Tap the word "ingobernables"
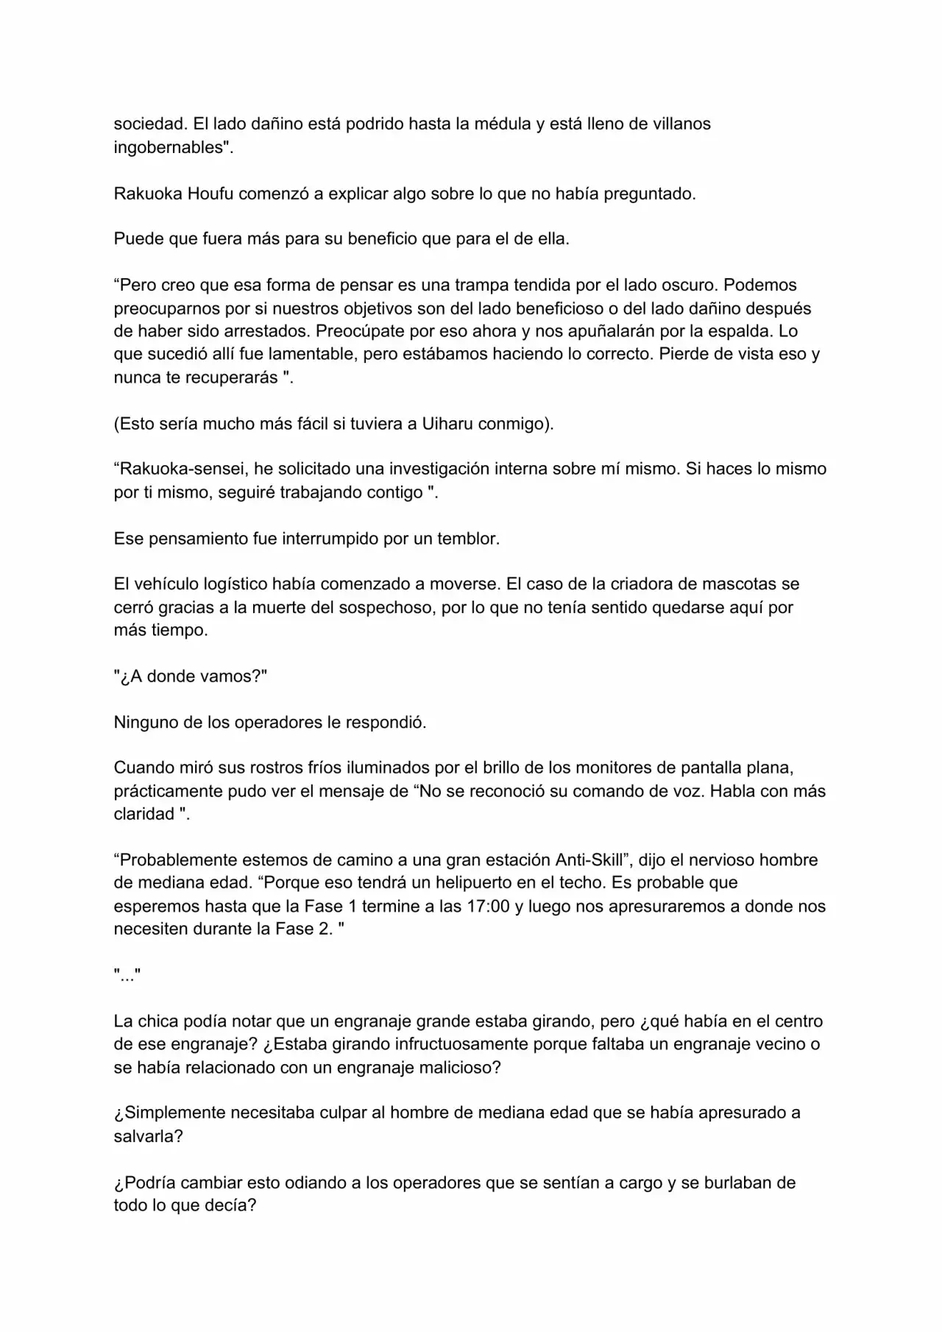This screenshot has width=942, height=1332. click(x=168, y=147)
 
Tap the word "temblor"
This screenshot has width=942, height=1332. click(x=468, y=538)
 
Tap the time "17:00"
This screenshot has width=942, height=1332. click(x=489, y=906)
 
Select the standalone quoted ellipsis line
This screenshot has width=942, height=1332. click(x=127, y=975)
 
